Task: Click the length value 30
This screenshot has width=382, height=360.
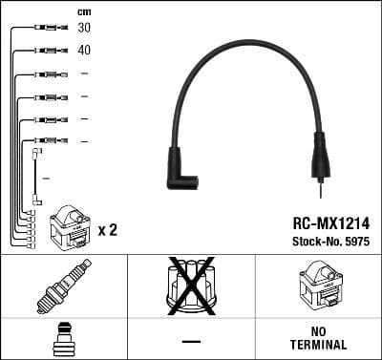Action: pos(85,28)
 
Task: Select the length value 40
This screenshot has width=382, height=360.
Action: pos(85,50)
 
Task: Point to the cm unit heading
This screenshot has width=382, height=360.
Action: pos(84,11)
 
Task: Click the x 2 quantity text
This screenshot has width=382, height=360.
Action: pos(107,230)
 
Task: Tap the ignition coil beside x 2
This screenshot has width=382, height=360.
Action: pos(72,224)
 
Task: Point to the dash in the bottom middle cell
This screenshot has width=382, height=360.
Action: pos(191,340)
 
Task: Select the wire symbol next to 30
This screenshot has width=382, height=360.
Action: pos(46,29)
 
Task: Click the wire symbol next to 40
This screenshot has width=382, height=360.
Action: pos(46,51)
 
